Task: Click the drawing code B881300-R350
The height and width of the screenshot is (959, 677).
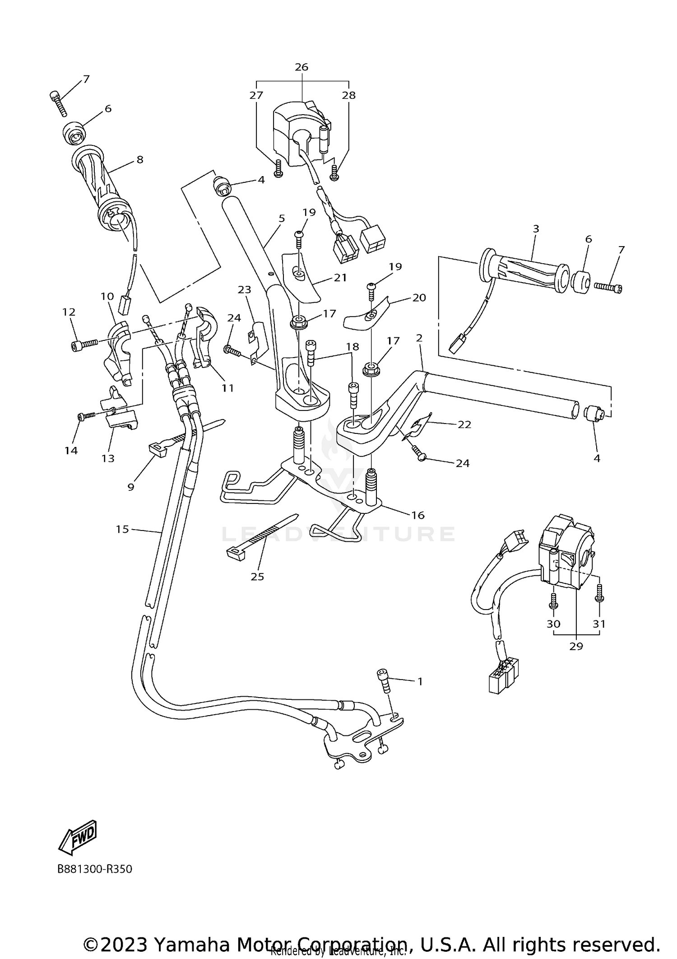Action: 95,869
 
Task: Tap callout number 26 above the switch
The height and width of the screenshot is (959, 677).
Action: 301,67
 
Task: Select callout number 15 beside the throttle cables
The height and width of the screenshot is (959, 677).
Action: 122,529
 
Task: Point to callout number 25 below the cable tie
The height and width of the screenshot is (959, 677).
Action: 257,577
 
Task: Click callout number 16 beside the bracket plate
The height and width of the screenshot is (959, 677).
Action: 418,515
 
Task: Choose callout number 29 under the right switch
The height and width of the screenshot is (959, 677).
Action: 576,647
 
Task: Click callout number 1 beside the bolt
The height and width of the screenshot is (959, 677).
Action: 420,682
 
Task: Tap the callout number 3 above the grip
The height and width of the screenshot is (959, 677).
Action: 536,229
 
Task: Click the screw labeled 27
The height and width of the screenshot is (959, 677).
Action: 278,168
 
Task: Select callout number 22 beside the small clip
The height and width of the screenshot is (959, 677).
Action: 464,424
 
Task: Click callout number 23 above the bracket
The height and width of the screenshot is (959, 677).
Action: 244,290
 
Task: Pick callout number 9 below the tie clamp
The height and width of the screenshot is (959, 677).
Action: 131,487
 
